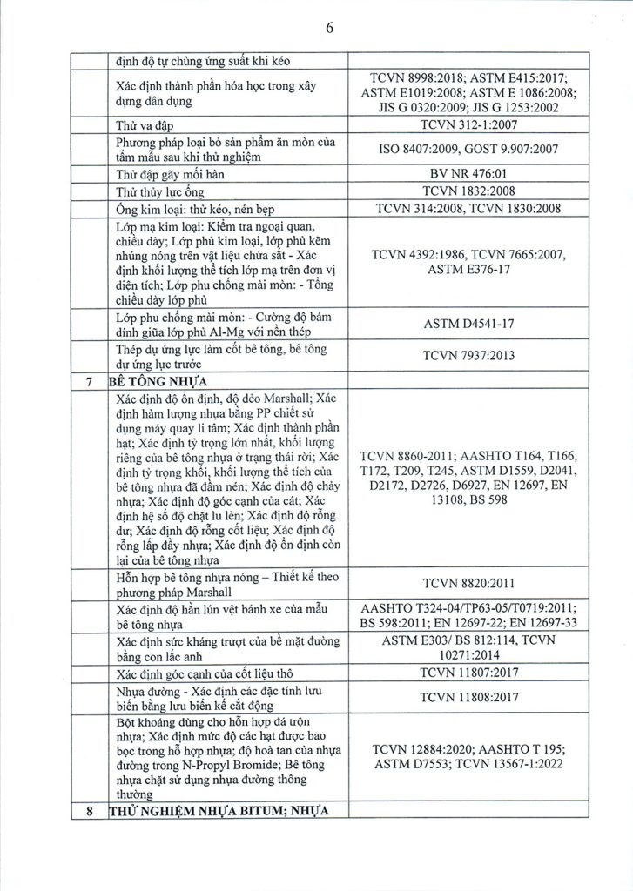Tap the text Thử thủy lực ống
pos(161,191)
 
